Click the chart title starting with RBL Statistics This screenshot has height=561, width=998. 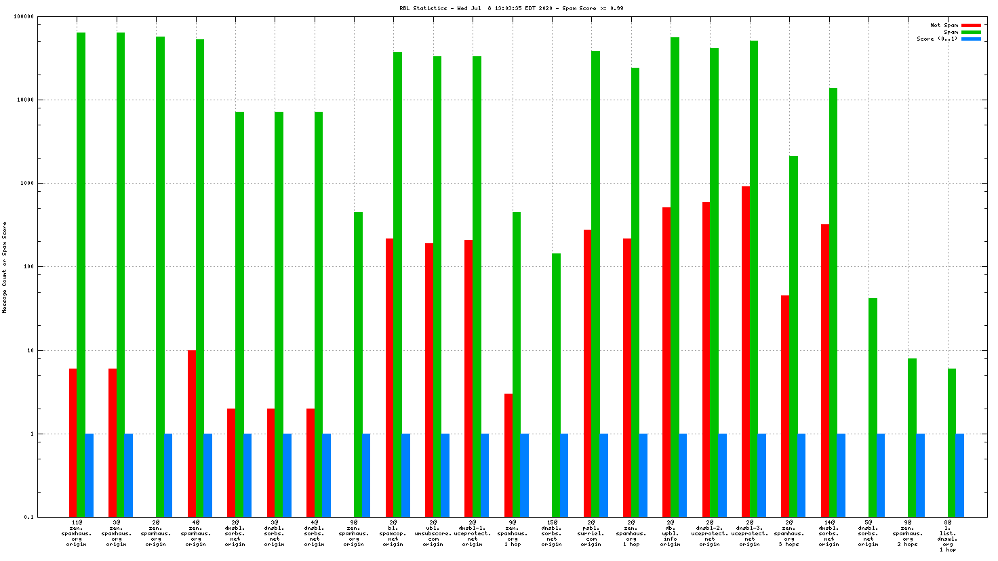pos(511,8)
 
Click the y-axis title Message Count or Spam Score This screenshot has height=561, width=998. pos(5,267)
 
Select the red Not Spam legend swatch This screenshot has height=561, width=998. pos(971,26)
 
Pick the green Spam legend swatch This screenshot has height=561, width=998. pos(971,33)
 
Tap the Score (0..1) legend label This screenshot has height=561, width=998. pos(937,39)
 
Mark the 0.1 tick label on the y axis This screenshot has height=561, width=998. pos(28,518)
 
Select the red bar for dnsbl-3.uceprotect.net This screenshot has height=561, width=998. pos(746,351)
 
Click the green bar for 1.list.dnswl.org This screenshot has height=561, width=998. pos(952,442)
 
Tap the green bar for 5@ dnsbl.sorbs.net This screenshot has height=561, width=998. pos(873,407)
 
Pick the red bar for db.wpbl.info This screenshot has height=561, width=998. pos(666,362)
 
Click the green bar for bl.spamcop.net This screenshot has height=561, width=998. pos(397,285)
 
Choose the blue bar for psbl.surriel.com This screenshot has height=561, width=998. pos(603,475)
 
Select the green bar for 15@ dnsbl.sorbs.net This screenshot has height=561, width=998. pos(556,385)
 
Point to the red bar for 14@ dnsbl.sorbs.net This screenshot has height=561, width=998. pos(825,371)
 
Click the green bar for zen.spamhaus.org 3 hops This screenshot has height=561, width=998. pos(793,336)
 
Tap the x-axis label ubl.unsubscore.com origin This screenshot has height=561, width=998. pos(433,533)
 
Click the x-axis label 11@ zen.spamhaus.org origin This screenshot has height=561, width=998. pos(77,533)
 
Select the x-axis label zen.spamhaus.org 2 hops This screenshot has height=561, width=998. pos(908,533)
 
